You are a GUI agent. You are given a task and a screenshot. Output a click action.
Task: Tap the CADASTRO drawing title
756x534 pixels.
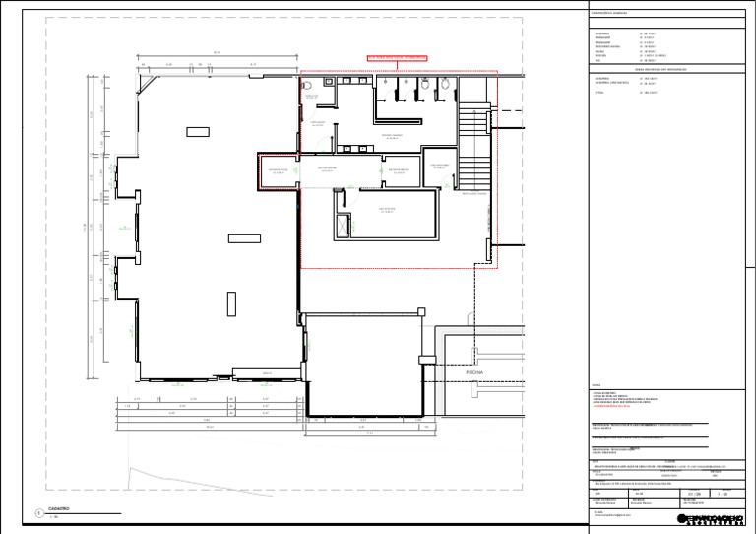[58, 509]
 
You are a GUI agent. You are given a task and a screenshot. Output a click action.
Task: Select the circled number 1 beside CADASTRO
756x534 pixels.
[36, 512]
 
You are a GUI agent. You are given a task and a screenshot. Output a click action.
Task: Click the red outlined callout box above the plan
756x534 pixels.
[399, 58]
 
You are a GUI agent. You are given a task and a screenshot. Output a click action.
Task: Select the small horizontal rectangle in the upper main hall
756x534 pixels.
[197, 131]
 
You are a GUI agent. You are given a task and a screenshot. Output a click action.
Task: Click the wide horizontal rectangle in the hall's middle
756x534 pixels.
[243, 237]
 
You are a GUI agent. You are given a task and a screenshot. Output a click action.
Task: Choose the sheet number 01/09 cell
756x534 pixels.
[695, 494]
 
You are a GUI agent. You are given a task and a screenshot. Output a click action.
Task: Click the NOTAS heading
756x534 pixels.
[597, 384]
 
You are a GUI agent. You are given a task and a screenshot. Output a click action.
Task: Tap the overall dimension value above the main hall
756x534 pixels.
[216, 53]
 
